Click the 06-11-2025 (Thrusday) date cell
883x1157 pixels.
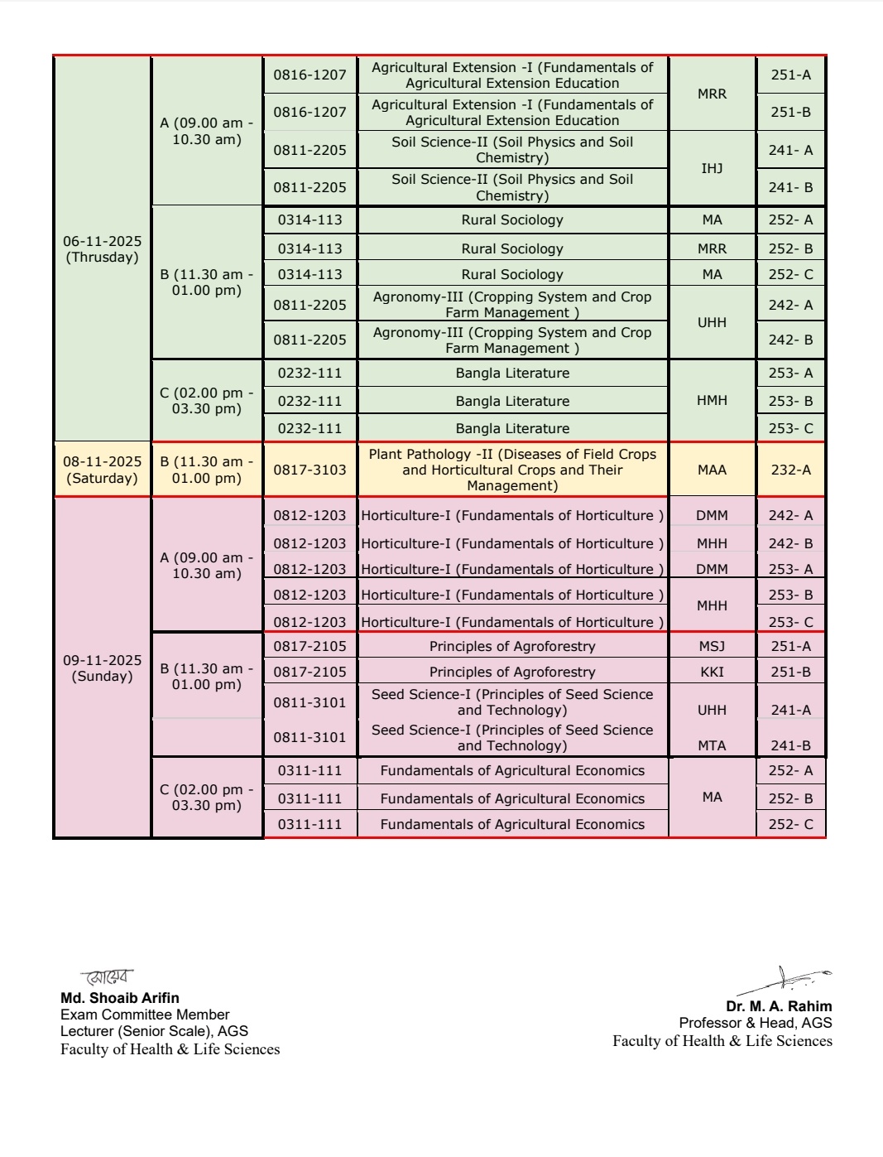click(102, 249)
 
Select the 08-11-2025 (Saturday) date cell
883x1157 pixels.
click(102, 470)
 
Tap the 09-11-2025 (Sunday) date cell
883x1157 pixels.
click(102, 668)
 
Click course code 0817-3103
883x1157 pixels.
click(310, 470)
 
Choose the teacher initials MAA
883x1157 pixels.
click(712, 470)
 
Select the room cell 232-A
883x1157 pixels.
click(790, 470)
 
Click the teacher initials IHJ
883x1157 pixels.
click(712, 168)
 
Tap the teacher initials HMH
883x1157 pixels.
click(712, 400)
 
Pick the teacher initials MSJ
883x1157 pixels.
click(712, 646)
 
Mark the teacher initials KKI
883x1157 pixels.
click(712, 672)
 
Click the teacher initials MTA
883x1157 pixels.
click(712, 745)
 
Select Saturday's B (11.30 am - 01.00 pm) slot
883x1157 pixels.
click(207, 470)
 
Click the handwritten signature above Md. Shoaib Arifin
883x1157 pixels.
click(108, 977)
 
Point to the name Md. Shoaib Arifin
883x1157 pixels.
click(120, 998)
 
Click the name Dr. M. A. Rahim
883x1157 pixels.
click(779, 1006)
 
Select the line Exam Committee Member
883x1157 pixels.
click(145, 1015)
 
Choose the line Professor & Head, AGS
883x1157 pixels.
click(756, 1023)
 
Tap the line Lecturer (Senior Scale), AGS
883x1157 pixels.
click(154, 1031)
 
